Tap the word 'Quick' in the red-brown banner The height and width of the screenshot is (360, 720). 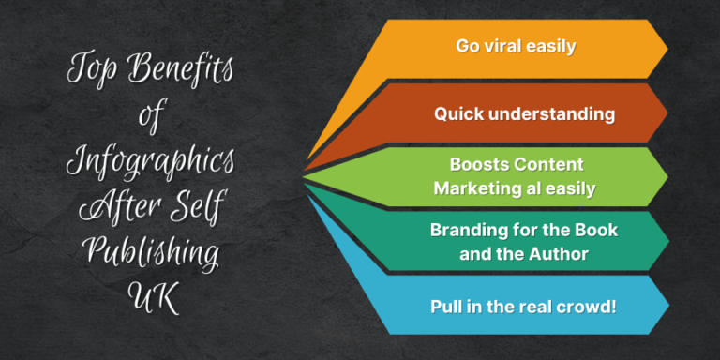tap(457, 114)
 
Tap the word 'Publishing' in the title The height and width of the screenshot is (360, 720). tap(150, 251)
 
